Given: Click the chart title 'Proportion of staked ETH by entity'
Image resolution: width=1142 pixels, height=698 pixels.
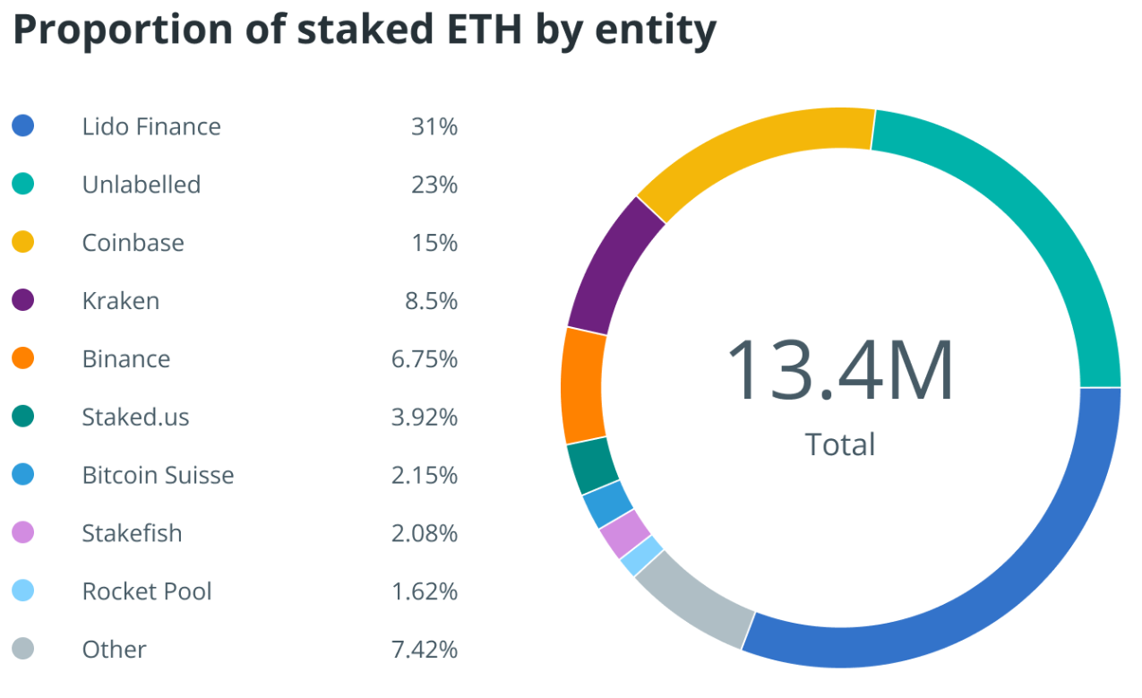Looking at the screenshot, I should point(365,30).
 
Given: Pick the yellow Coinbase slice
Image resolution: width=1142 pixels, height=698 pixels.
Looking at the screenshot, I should point(752,152).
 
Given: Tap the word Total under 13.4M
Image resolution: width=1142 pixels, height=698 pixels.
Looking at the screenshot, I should point(839,444).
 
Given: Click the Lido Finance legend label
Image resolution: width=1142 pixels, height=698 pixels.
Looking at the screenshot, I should point(151,126).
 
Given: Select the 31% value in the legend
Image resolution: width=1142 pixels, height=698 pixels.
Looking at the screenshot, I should point(434,126).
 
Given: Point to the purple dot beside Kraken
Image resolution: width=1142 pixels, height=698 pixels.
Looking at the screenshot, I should point(23,300).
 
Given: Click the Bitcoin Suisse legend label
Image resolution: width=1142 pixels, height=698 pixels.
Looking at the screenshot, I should point(158,475).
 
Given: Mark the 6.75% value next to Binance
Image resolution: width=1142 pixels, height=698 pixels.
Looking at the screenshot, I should point(425,359).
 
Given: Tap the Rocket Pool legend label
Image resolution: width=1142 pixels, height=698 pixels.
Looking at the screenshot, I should point(147,591).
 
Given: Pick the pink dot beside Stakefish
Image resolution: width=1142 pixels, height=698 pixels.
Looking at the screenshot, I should point(23,533).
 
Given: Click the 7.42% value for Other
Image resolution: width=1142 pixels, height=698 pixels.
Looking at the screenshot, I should point(425,650).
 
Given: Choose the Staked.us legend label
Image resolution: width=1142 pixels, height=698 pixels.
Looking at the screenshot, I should point(135,417).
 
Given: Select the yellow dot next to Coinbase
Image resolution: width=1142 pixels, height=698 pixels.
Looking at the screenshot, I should point(23,242).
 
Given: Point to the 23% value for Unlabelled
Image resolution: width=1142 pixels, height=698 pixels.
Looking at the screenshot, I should point(434,185).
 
